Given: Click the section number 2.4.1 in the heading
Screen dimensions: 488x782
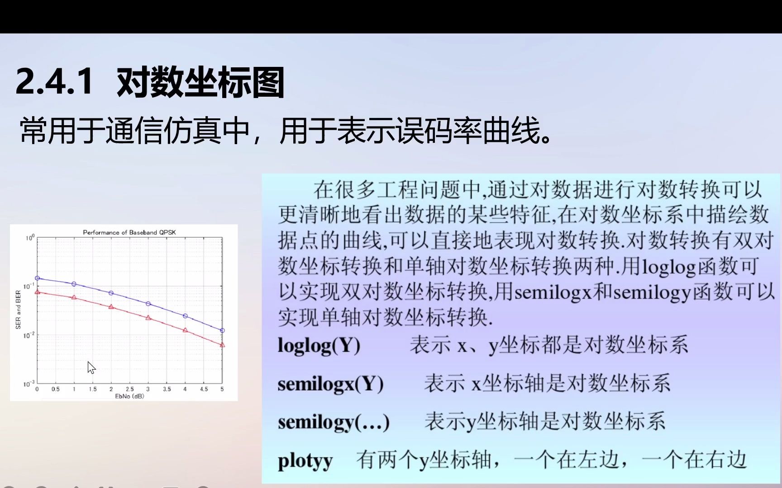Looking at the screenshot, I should (x=54, y=81).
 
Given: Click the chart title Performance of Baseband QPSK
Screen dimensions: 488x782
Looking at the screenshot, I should (x=129, y=232).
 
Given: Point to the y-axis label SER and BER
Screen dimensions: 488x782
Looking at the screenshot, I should (x=18, y=310).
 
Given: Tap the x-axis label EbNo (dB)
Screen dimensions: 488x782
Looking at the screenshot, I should (x=129, y=396).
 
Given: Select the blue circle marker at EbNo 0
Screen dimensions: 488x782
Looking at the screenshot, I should (x=38, y=278).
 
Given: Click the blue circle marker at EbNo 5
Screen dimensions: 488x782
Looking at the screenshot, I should (x=222, y=330).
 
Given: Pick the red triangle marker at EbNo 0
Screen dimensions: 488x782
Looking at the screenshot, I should (x=38, y=292).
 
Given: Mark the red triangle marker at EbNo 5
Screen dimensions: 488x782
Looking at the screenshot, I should (x=222, y=345).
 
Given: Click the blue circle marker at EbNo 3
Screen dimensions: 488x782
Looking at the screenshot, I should (x=148, y=304).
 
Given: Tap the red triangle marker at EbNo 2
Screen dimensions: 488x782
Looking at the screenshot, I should (x=111, y=307).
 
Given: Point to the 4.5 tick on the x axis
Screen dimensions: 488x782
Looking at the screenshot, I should (x=204, y=389).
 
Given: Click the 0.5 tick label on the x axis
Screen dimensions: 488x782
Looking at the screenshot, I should (x=55, y=389).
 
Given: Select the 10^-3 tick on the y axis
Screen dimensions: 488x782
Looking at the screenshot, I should (x=29, y=384).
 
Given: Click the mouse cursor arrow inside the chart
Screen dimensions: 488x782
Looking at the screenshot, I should (x=91, y=367).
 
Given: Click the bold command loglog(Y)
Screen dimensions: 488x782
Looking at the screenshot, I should (x=319, y=346).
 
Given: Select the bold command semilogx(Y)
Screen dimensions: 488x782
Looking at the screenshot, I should (x=330, y=384).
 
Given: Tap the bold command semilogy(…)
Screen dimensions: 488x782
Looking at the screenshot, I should (x=334, y=422).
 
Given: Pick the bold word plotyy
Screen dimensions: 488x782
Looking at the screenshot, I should (x=305, y=461).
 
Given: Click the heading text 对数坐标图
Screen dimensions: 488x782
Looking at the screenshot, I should (x=200, y=82).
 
